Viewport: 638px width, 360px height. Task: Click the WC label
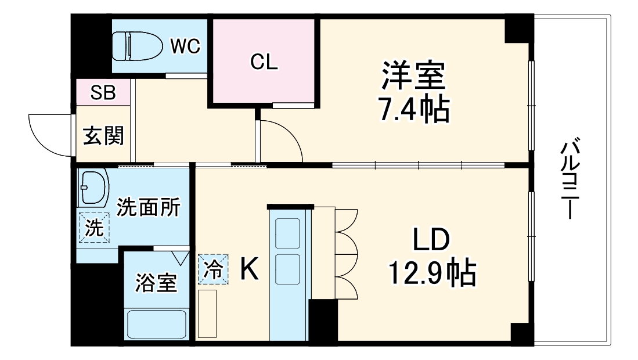pyautogui.click(x=185, y=46)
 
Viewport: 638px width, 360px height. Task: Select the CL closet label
pyautogui.click(x=264, y=62)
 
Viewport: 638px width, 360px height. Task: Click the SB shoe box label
pyautogui.click(x=103, y=93)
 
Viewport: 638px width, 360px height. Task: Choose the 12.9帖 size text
pyautogui.click(x=432, y=273)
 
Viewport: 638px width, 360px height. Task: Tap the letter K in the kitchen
pyautogui.click(x=250, y=269)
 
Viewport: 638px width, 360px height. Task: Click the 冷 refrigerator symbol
pyautogui.click(x=214, y=269)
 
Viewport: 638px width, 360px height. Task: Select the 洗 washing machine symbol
pyautogui.click(x=94, y=228)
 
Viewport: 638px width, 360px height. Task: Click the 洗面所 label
pyautogui.click(x=148, y=207)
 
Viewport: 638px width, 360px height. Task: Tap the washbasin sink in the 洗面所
pyautogui.click(x=94, y=188)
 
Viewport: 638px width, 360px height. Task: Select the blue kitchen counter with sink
pyautogui.click(x=287, y=273)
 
